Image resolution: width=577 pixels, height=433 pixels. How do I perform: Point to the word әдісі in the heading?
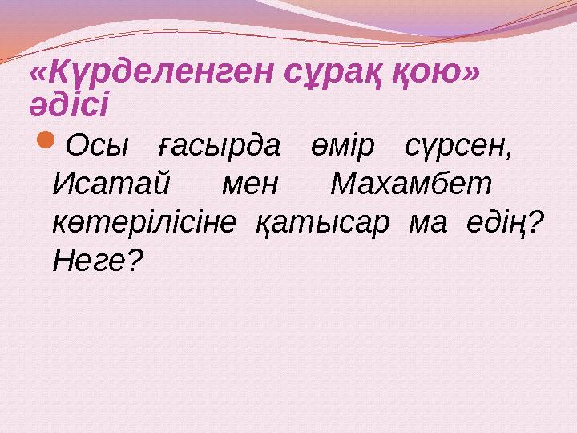click(x=70, y=103)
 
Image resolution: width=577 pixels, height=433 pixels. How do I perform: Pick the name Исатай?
click(x=110, y=185)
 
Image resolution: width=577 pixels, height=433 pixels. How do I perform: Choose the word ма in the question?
click(x=425, y=222)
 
